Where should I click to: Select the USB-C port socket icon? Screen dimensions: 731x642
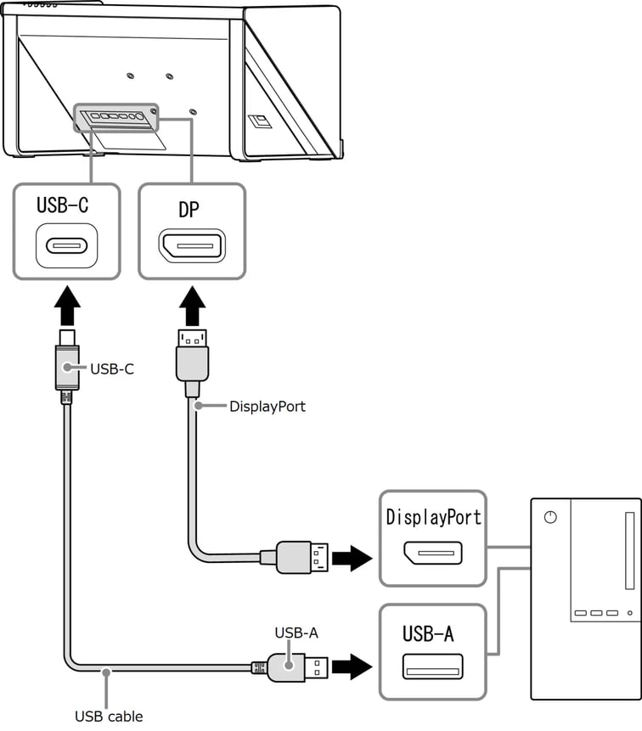pyautogui.click(x=66, y=246)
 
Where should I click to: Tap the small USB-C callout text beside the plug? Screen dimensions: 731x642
pyautogui.click(x=112, y=369)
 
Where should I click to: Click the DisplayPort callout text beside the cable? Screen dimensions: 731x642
pyautogui.click(x=267, y=407)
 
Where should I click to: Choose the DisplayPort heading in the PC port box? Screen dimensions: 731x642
pyautogui.click(x=433, y=517)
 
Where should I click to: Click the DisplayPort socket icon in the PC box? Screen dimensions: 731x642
pyautogui.click(x=432, y=554)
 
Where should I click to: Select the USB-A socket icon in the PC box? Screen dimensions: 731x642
pyautogui.click(x=433, y=666)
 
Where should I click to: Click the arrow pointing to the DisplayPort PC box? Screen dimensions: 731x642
pyautogui.click(x=352, y=558)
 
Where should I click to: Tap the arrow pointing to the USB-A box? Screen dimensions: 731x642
pyautogui.click(x=352, y=666)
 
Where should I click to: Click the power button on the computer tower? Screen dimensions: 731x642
pyautogui.click(x=550, y=518)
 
